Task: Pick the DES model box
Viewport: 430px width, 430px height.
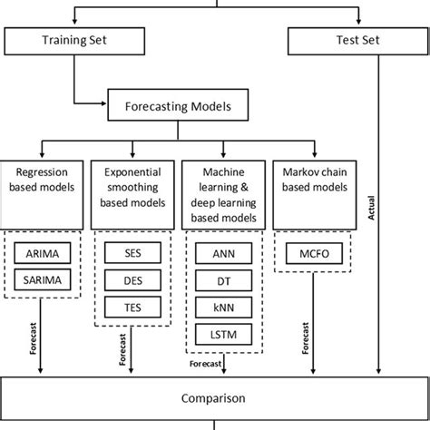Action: click(x=132, y=280)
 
